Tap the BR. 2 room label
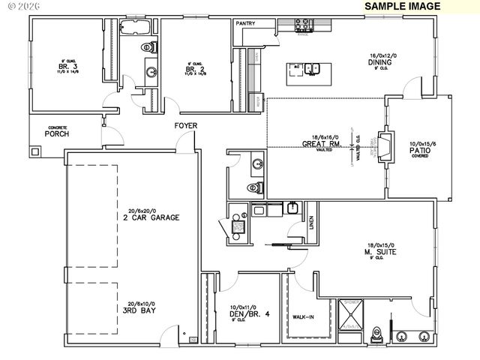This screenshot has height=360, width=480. pyautogui.click(x=195, y=70)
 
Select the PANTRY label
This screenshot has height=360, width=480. pyautogui.click(x=245, y=24)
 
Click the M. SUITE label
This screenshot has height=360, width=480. pyautogui.click(x=382, y=252)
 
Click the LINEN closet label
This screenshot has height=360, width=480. pyautogui.click(x=310, y=223)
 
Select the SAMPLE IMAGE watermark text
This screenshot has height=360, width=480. pyautogui.click(x=403, y=6)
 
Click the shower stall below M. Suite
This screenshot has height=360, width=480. pyautogui.click(x=351, y=315)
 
